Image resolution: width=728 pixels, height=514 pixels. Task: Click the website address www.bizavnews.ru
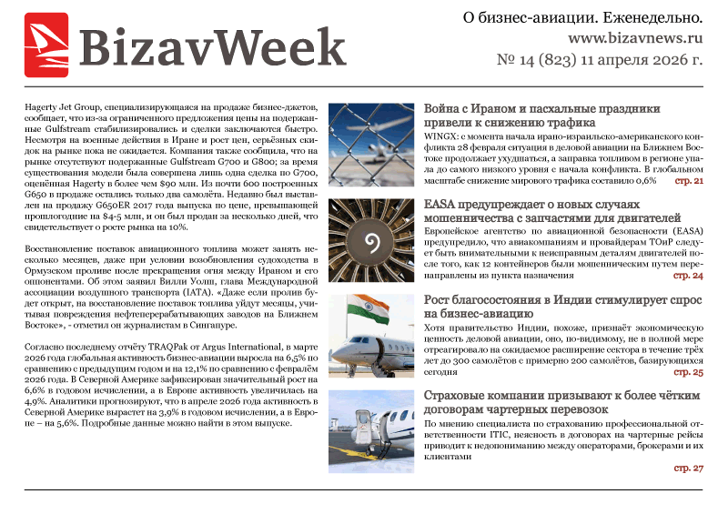pos(635,39)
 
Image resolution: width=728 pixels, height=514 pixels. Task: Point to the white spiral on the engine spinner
pos(371,241)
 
